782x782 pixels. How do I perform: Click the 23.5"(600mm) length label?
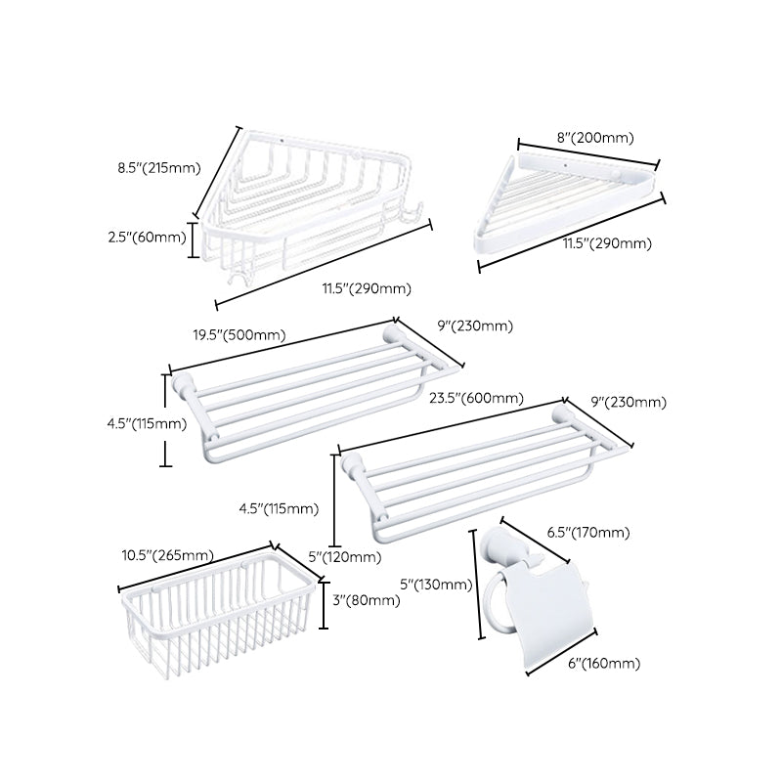point(476,398)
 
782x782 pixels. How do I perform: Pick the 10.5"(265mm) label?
point(167,555)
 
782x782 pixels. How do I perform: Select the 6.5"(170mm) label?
point(586,533)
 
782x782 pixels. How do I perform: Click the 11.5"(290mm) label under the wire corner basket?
point(368,287)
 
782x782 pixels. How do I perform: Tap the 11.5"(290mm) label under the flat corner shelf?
point(607,242)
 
